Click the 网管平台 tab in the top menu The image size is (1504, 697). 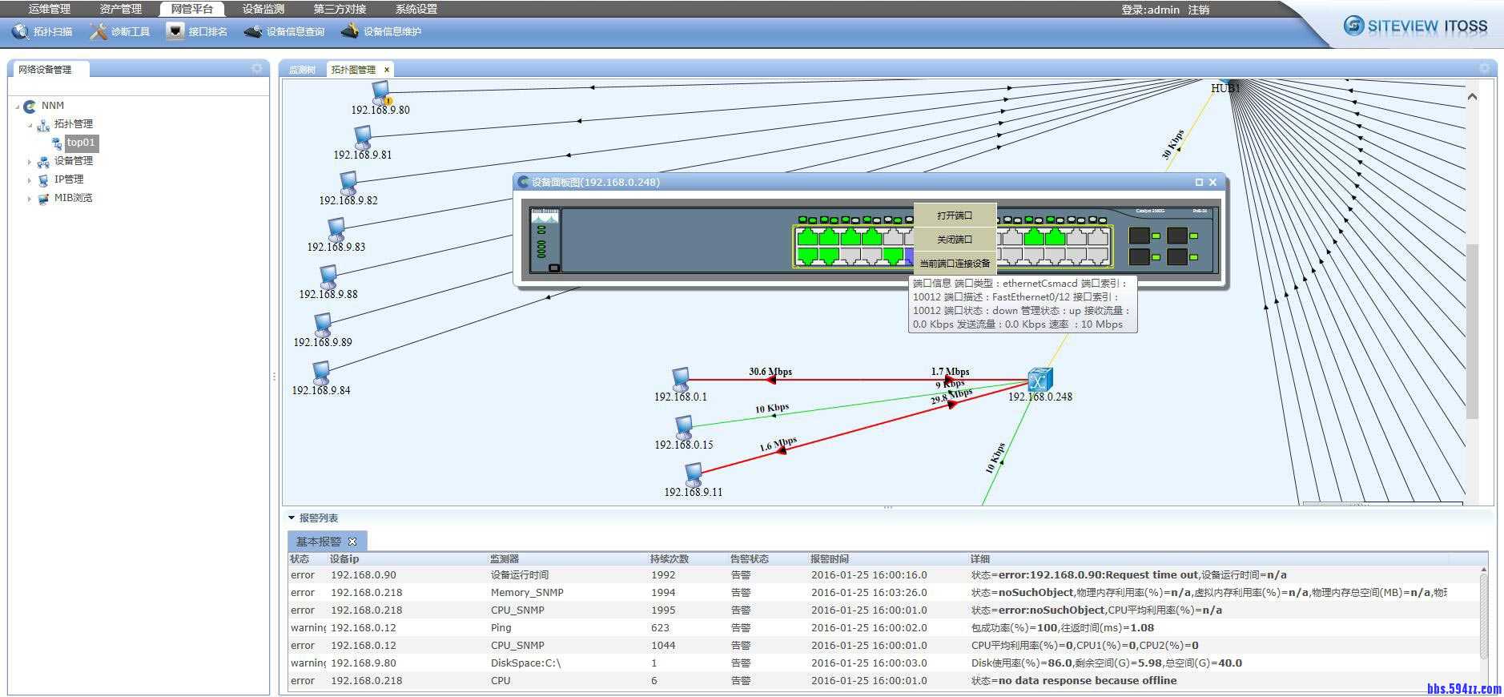(x=191, y=9)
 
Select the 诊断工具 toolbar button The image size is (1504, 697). (x=120, y=31)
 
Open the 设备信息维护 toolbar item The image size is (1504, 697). (x=381, y=31)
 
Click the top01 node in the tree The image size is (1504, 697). (x=81, y=143)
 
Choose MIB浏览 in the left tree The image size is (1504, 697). (x=73, y=198)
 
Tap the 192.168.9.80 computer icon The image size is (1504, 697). (x=380, y=91)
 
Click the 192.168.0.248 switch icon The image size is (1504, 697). (x=1040, y=379)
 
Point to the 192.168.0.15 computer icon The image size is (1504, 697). (x=683, y=426)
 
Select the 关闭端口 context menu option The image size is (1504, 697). (x=955, y=240)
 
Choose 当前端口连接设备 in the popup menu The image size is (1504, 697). (x=955, y=263)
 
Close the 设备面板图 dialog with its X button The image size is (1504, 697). (x=1212, y=182)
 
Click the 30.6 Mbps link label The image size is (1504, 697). (x=770, y=371)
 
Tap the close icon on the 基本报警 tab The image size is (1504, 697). (x=352, y=542)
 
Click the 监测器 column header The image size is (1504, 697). (x=505, y=558)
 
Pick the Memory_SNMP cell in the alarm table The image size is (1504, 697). (x=527, y=593)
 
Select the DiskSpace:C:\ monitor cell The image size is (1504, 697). (x=525, y=663)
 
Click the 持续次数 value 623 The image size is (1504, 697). (x=660, y=628)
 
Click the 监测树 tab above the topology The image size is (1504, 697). (x=303, y=70)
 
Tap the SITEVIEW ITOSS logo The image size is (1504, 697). (x=1416, y=26)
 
